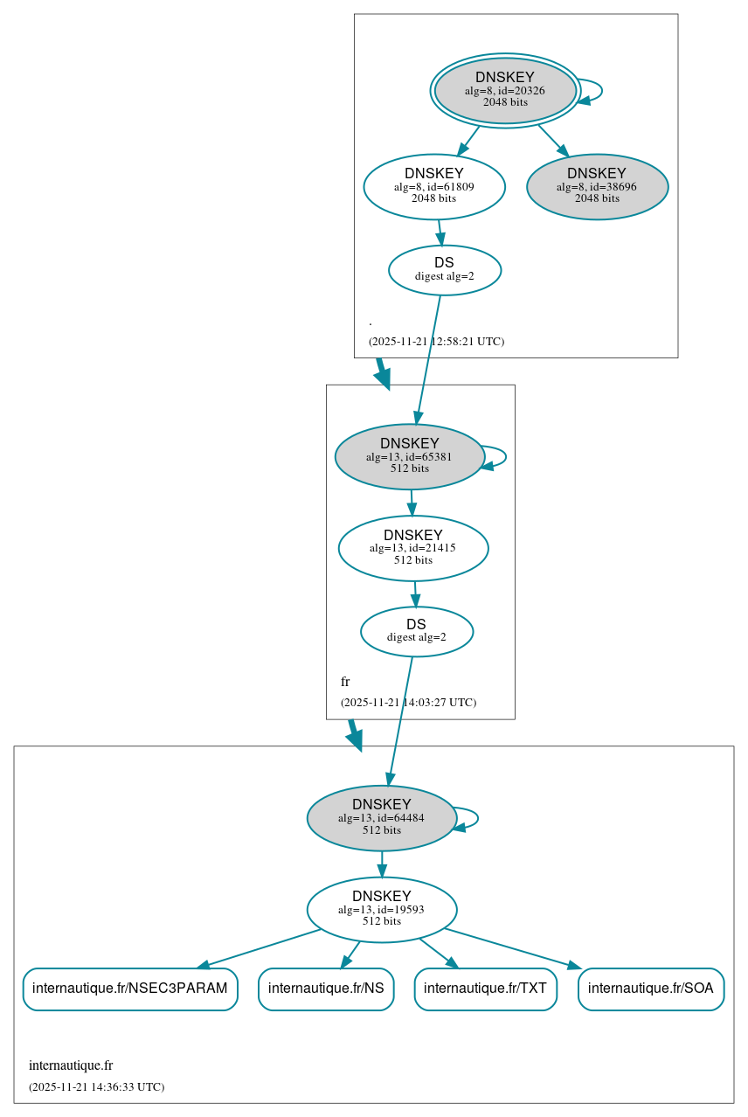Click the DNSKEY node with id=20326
click(x=505, y=90)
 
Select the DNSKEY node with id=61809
click(x=434, y=186)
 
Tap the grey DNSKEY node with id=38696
click(x=597, y=186)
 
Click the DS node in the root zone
click(x=444, y=270)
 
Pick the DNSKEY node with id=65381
click(x=409, y=456)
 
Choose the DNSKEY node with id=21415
click(x=412, y=548)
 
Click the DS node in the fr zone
click(x=416, y=631)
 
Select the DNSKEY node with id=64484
click(x=381, y=818)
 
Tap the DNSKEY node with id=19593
click(x=381, y=910)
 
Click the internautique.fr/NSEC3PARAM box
click(x=129, y=989)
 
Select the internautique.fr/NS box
click(x=326, y=989)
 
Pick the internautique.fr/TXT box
click(x=485, y=989)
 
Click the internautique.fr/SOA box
click(x=651, y=989)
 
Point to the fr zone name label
click(x=345, y=682)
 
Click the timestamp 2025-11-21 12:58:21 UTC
click(x=436, y=341)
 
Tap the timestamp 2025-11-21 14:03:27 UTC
click(x=408, y=702)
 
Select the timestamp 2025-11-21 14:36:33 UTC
click(x=96, y=1087)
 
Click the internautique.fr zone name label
click(x=71, y=1065)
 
